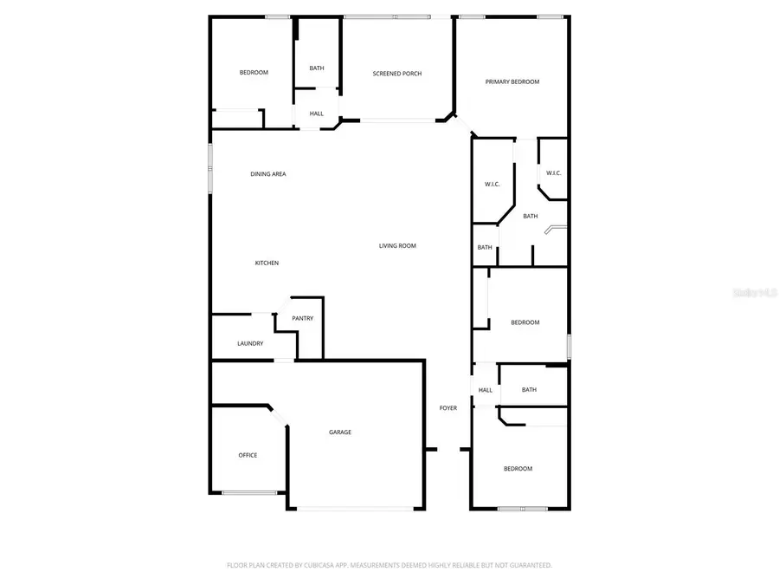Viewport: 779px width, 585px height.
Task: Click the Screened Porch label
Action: pos(397,74)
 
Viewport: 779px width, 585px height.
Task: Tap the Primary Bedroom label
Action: pos(512,82)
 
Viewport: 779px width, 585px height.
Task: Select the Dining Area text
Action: pos(268,174)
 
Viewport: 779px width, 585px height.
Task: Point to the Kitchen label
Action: pos(267,263)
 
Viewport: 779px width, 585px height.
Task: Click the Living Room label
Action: pos(397,246)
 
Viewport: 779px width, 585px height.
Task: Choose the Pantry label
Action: pos(302,319)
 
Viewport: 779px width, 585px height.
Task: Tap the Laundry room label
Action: pos(250,344)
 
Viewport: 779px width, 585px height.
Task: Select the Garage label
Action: pos(339,432)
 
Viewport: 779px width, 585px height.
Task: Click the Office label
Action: pos(248,455)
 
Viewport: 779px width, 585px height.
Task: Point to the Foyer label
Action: pos(448,408)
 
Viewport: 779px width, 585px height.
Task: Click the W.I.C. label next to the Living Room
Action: pos(493,185)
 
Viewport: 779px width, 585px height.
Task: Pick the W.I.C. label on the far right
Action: pos(553,173)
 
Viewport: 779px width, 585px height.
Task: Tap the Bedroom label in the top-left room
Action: pos(254,73)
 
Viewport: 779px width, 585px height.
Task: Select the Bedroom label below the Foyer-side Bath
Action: pos(518,469)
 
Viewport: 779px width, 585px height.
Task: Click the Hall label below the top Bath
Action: pos(317,114)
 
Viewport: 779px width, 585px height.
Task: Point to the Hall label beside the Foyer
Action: pos(486,390)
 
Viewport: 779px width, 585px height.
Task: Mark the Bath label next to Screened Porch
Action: pos(317,68)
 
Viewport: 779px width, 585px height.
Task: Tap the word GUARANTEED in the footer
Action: pos(525,565)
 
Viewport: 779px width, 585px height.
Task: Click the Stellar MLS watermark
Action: pos(755,293)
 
